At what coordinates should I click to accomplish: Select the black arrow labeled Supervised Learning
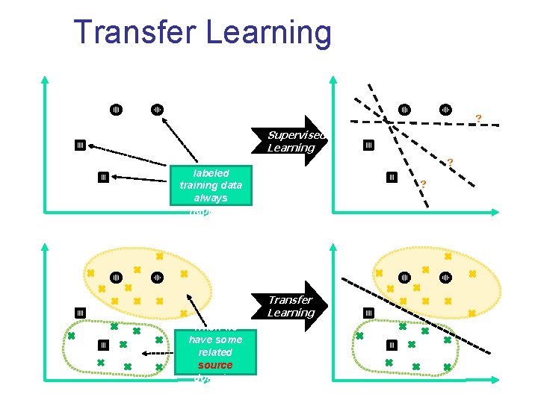[x=299, y=141]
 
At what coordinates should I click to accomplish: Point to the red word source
[x=215, y=365]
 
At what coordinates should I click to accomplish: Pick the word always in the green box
[x=211, y=198]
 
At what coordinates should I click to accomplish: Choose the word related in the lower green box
[x=215, y=352]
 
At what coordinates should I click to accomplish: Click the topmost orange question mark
[x=478, y=118]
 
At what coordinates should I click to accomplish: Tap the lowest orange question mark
[x=423, y=184]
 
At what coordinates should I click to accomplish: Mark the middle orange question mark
[x=450, y=162]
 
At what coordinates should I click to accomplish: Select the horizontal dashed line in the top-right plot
[x=426, y=121]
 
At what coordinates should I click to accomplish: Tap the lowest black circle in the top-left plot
[x=103, y=177]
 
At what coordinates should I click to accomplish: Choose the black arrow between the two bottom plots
[x=299, y=306]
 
